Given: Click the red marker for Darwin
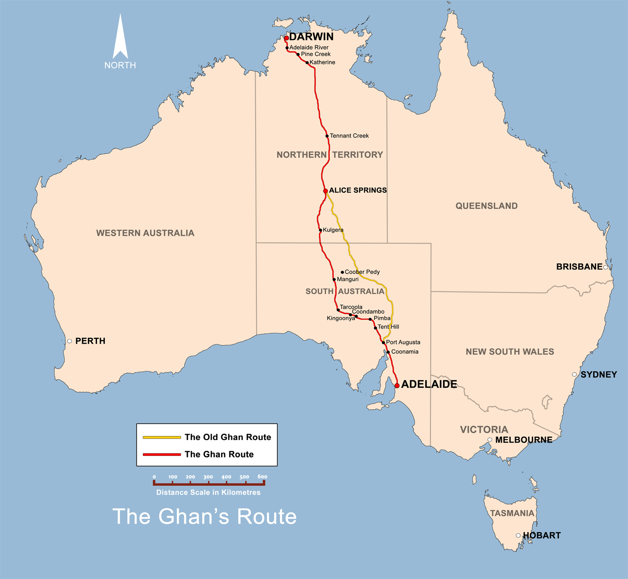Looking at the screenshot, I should click(x=286, y=38).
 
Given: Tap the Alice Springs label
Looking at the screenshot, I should click(x=357, y=190).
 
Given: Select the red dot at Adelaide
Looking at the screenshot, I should click(x=397, y=386).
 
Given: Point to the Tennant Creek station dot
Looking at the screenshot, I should click(x=327, y=136).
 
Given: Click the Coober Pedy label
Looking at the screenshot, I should click(x=362, y=272).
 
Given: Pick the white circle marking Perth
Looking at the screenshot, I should click(x=70, y=341).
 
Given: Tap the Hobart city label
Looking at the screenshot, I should click(x=542, y=535).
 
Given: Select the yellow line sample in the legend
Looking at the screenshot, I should click(x=162, y=437).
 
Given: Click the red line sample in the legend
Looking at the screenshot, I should click(x=162, y=455).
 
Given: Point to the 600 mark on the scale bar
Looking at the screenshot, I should click(x=262, y=477).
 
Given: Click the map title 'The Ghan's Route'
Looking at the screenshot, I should click(x=204, y=516).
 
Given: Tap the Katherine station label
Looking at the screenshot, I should click(x=322, y=62).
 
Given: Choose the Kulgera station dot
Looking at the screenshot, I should click(x=320, y=230).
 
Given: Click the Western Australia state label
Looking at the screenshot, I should click(x=145, y=233).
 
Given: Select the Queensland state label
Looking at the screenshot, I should click(x=486, y=206).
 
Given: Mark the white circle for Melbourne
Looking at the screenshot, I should click(x=490, y=440).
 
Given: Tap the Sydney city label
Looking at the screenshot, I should click(x=599, y=374).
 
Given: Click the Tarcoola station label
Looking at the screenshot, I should click(x=351, y=307).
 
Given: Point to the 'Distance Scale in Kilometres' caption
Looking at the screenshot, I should click(x=208, y=493).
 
